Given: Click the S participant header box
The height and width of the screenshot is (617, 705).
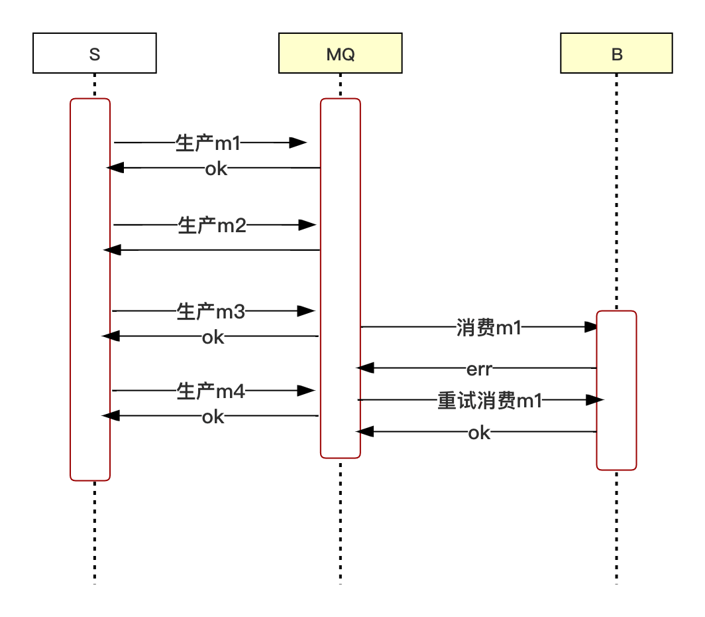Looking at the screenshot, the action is point(94,54).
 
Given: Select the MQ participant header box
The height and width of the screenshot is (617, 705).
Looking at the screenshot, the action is point(340,54).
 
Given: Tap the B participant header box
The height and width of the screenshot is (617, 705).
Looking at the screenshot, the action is point(616,54).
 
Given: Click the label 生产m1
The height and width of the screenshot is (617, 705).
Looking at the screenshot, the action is point(207,143).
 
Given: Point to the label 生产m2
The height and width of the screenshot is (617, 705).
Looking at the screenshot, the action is point(212,226).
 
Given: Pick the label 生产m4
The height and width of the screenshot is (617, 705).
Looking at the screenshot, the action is point(211,391).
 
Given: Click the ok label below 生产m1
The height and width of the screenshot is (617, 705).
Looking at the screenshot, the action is point(216,169).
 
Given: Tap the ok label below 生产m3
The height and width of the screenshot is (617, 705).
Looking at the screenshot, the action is point(213,338).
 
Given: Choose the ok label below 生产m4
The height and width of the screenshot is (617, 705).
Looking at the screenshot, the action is point(213,417).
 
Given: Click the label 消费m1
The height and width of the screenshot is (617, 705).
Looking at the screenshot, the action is point(488,328).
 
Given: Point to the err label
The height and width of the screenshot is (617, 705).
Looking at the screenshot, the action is point(480,369).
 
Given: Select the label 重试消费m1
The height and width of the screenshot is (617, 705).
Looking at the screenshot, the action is point(490,401).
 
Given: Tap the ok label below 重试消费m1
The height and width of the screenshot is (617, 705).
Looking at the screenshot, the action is point(479,433).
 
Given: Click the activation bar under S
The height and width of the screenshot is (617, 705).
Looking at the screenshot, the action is point(90,289).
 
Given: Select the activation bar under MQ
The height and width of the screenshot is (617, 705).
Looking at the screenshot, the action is point(340,278).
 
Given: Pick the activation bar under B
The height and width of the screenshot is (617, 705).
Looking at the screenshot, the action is point(616,390).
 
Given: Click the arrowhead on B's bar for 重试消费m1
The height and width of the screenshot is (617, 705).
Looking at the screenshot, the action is point(600,399).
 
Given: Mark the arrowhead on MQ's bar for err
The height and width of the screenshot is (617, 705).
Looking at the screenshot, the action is point(358,367).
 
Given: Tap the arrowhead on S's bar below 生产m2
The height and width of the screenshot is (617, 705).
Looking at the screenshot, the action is point(106,249).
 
